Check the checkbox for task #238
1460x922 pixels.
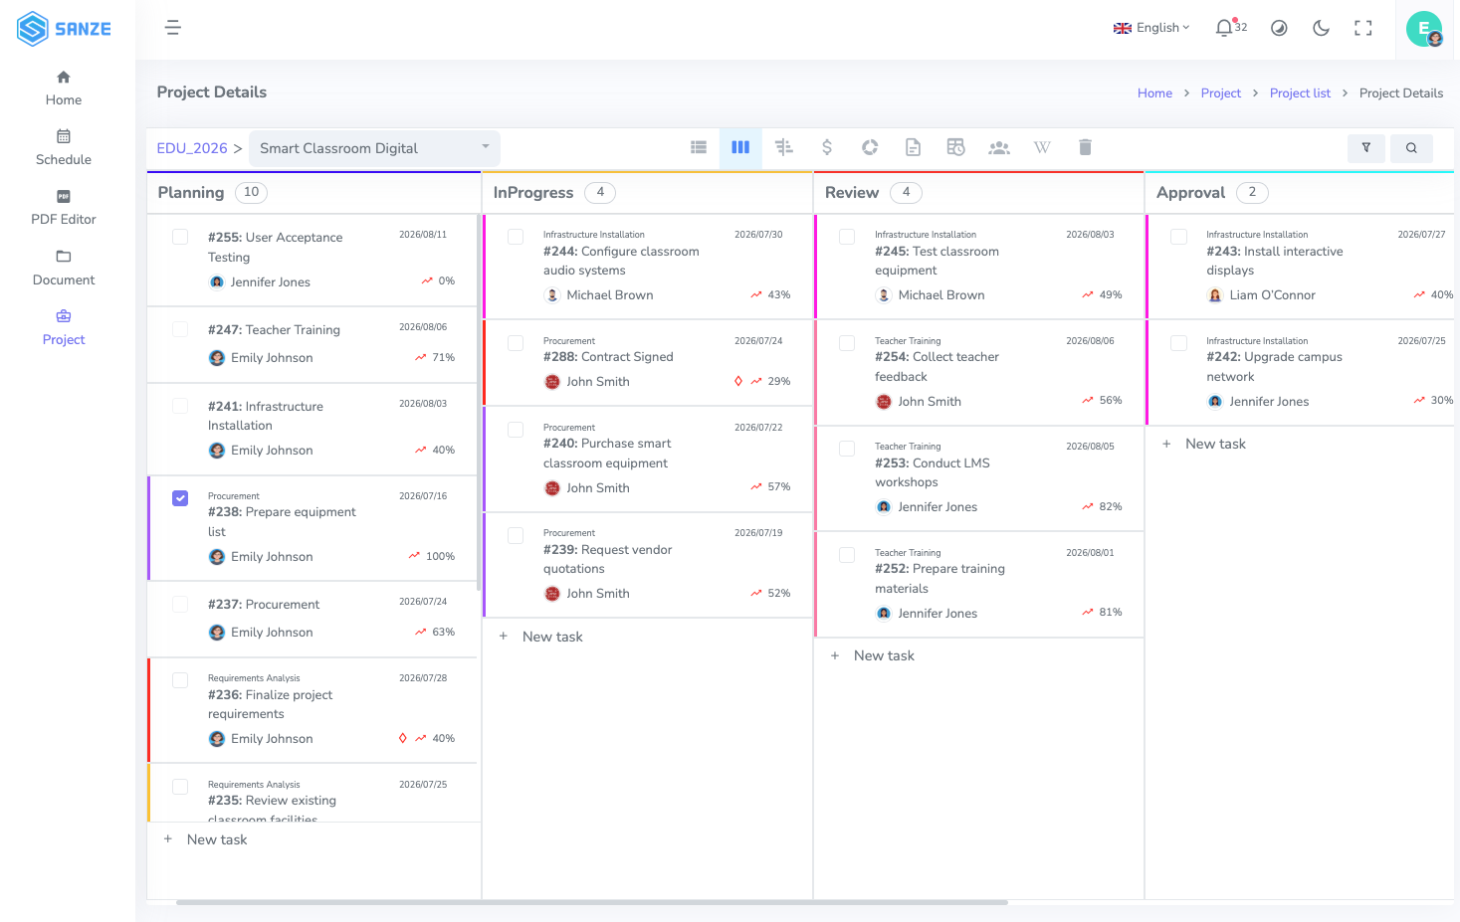click(180, 498)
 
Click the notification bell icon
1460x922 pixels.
click(1223, 28)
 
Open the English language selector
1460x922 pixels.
click(1151, 28)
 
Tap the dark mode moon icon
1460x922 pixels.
click(1321, 28)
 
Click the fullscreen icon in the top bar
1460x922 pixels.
click(1362, 28)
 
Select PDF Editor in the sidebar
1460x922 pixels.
click(64, 208)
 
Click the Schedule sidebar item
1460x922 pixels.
click(64, 148)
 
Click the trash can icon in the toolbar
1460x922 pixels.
click(1085, 147)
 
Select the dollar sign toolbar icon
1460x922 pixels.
click(826, 147)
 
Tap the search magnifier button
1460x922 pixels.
click(1411, 148)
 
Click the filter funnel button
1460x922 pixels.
click(1365, 148)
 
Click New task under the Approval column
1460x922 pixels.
click(1214, 444)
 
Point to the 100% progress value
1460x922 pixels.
click(440, 556)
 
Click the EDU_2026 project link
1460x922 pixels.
click(192, 148)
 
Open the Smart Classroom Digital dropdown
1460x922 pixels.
click(374, 148)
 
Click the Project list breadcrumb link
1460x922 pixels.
click(1300, 92)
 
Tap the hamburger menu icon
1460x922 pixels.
click(173, 28)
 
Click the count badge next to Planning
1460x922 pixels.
click(251, 192)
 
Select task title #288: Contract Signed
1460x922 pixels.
click(608, 356)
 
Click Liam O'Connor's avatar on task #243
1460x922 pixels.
click(1215, 295)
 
